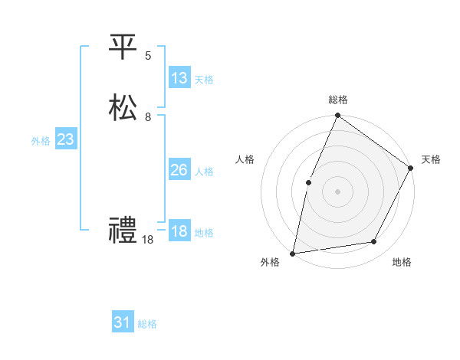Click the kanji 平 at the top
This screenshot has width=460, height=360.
122,47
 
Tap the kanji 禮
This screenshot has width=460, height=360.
122,231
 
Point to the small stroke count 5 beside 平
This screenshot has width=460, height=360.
148,55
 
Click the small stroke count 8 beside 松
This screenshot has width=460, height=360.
148,117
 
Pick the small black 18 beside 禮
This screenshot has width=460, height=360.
147,240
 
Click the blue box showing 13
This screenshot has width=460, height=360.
179,78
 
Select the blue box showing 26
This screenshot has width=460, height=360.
179,170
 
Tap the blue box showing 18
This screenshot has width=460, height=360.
179,231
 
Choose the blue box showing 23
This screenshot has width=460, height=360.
65,139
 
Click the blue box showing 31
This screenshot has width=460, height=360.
123,322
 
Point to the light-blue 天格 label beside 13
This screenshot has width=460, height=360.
203,80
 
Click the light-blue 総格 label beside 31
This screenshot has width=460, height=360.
147,324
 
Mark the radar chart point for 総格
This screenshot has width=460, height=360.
337,116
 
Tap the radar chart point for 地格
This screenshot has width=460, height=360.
374,242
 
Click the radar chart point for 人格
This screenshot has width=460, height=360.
308,182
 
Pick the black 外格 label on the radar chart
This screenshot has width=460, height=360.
270,263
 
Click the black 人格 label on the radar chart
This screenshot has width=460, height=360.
245,159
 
